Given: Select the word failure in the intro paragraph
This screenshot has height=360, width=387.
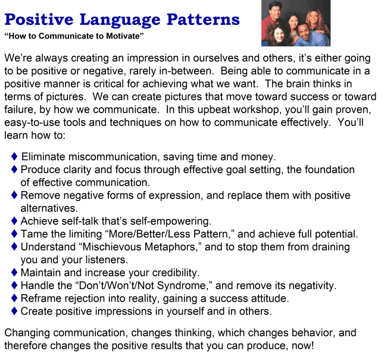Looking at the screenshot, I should (x=19, y=109).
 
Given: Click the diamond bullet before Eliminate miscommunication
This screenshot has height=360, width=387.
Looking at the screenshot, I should (x=14, y=157).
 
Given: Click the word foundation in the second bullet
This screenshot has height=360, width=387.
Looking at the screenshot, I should (x=327, y=170).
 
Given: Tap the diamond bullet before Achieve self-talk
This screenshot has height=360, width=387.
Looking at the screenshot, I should (x=14, y=221).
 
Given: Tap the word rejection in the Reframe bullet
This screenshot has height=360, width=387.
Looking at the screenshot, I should (x=83, y=298).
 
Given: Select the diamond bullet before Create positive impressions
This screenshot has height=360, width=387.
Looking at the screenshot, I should (x=14, y=311).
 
